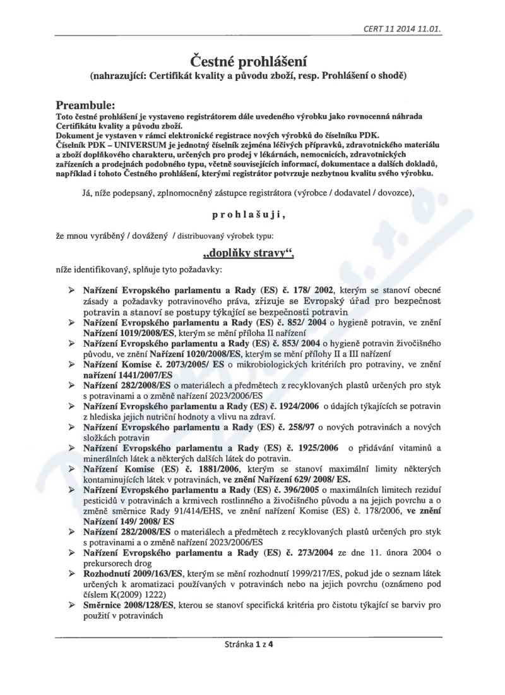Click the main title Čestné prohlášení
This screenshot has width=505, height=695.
pyautogui.click(x=249, y=61)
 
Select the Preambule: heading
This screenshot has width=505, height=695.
pyautogui.click(x=85, y=104)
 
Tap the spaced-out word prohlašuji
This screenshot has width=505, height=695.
pyautogui.click(x=249, y=215)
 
